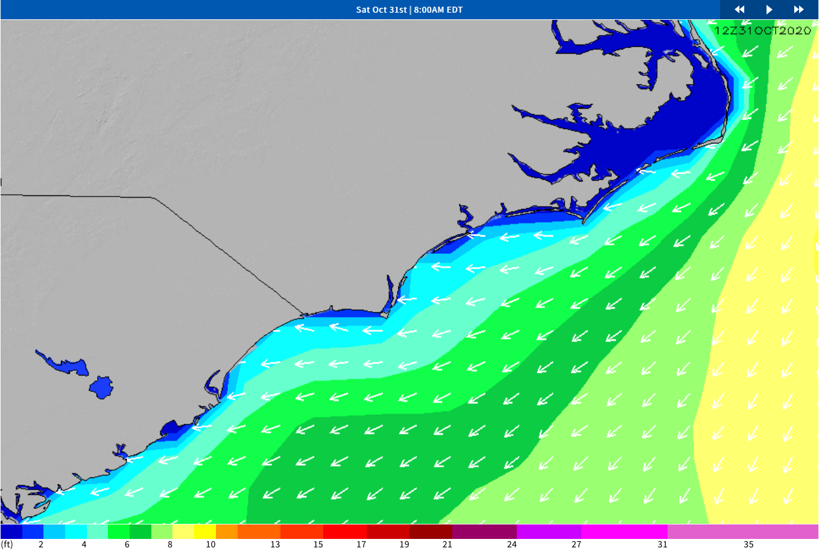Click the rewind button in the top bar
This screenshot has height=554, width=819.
point(739,10)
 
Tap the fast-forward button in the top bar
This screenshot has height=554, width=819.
point(798,10)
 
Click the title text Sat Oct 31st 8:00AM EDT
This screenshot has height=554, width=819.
point(409,10)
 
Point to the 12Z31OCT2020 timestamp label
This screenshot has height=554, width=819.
point(762,31)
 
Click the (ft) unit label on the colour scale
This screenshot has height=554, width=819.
point(7,544)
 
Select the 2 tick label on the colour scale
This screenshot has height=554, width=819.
point(41,544)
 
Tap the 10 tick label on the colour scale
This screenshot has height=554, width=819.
point(210,544)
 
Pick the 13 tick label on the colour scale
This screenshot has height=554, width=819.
point(275,544)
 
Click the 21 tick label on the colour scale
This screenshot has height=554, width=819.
point(447,544)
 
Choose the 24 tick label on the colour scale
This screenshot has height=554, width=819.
point(511,544)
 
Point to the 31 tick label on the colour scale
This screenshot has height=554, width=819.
point(662,544)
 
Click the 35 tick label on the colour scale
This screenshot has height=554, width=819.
point(748,544)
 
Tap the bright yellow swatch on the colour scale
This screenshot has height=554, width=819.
point(205,532)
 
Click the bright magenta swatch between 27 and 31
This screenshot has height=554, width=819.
point(624,532)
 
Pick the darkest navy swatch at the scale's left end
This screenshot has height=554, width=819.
point(11,532)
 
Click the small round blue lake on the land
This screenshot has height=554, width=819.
point(101,387)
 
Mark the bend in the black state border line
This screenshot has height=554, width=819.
point(153,198)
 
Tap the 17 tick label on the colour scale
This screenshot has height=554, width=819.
point(361,544)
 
